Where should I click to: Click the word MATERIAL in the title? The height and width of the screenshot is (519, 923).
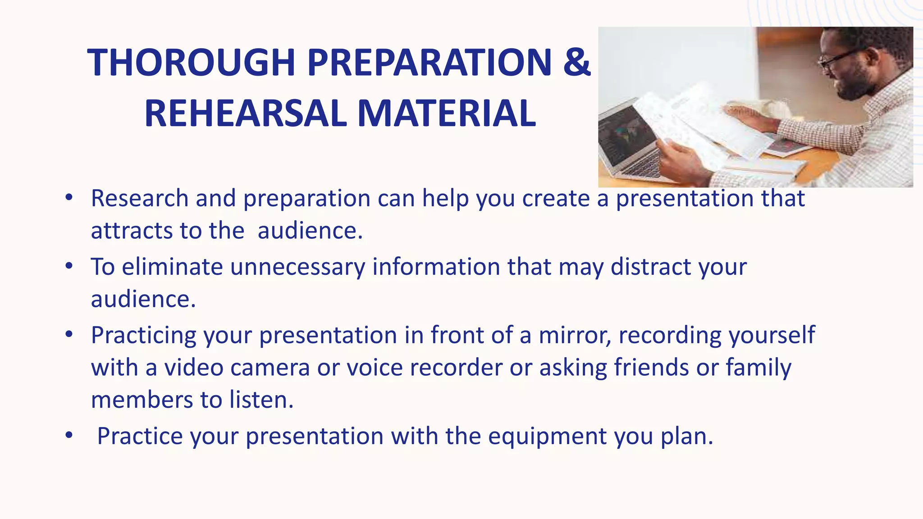(446, 114)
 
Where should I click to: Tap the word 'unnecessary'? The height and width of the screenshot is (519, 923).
(297, 267)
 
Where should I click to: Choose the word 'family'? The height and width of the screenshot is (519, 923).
(758, 368)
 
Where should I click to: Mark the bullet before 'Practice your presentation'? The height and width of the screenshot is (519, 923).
(69, 436)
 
